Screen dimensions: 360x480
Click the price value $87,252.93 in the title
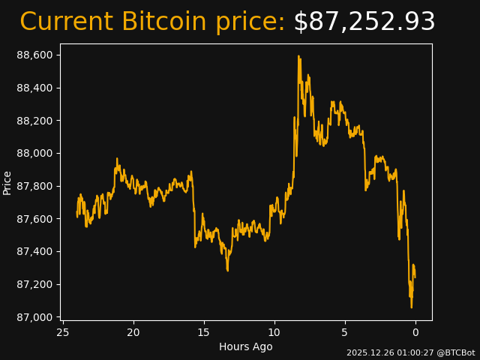(364, 22)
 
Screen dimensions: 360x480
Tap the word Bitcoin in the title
(163, 22)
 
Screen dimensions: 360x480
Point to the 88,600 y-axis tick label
(34, 55)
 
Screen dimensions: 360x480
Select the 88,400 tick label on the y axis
(34, 88)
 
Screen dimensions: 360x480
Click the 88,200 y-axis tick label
(34, 121)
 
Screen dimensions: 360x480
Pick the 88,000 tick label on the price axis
(34, 154)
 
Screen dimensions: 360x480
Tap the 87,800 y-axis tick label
(34, 186)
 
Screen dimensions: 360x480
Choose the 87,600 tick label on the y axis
(34, 219)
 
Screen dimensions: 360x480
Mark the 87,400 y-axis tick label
(34, 251)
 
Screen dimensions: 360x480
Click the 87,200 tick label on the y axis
(34, 284)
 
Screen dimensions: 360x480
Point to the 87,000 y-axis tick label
(34, 317)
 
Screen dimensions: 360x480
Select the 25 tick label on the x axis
(63, 332)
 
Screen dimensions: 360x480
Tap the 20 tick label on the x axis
(133, 332)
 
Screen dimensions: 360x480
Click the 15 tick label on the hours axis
(204, 332)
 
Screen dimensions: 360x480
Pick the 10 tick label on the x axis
(274, 332)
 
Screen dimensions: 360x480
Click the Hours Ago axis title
(245, 346)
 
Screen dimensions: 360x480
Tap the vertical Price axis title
(7, 182)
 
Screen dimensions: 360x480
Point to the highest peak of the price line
(298, 56)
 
